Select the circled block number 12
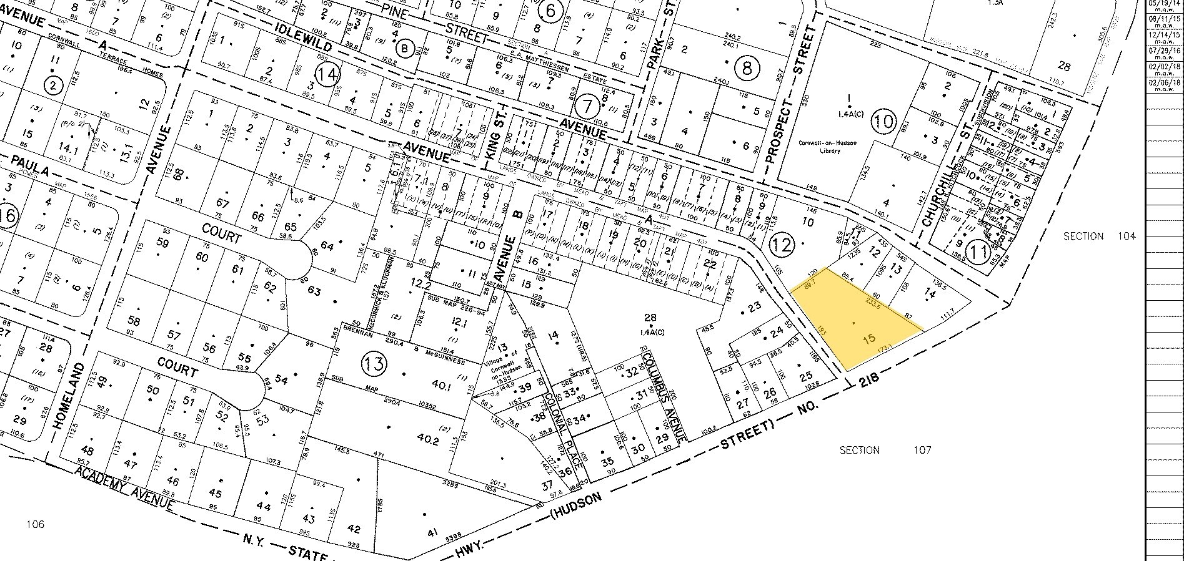[x=782, y=243]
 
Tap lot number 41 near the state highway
[x=431, y=532]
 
